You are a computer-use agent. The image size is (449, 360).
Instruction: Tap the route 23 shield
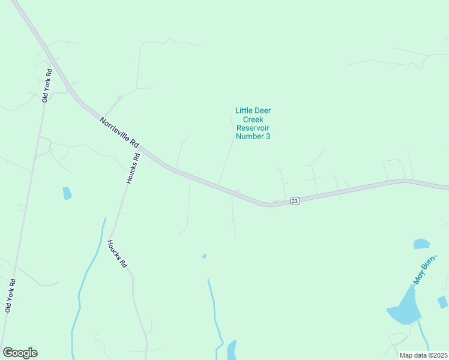click(294, 201)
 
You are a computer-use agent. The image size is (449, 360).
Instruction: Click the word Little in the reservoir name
click(243, 110)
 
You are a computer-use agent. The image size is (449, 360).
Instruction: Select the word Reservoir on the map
click(253, 128)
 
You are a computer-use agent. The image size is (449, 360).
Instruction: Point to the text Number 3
click(253, 136)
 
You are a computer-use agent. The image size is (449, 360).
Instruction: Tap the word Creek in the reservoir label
click(253, 119)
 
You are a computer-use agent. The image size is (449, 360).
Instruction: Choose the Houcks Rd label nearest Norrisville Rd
click(133, 169)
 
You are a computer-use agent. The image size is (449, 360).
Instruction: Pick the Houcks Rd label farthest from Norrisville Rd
click(117, 254)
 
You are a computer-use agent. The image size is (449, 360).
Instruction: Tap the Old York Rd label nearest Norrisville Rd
click(46, 86)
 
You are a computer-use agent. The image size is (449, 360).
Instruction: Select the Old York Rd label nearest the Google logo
click(9, 295)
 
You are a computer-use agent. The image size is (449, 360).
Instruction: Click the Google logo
click(20, 353)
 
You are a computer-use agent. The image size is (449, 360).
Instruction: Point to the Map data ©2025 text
click(423, 355)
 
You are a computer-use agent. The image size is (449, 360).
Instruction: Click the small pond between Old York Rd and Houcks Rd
click(67, 193)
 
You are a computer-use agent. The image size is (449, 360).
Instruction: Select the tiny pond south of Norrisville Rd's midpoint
click(205, 256)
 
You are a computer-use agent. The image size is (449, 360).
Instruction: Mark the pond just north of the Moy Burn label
click(421, 244)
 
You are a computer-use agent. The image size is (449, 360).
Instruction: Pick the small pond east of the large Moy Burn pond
click(442, 302)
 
